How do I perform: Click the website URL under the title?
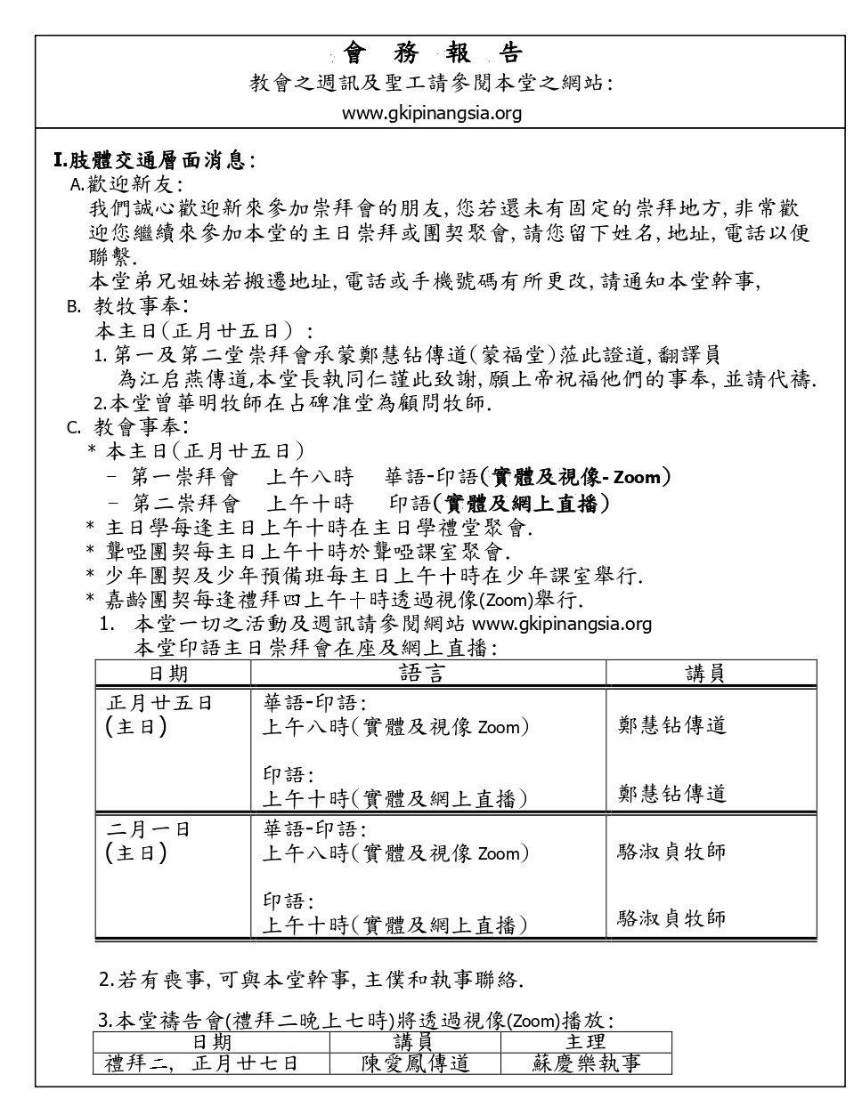click(432, 113)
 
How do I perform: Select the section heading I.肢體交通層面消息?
click(154, 161)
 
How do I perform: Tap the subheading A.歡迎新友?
click(126, 185)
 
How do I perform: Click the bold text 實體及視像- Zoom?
click(575, 477)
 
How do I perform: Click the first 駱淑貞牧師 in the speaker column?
click(671, 852)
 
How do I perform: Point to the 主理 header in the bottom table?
click(585, 1041)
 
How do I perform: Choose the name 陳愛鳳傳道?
click(416, 1062)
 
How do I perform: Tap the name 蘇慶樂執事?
click(586, 1062)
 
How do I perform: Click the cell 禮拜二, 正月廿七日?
click(201, 1062)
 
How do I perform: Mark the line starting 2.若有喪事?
click(311, 981)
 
